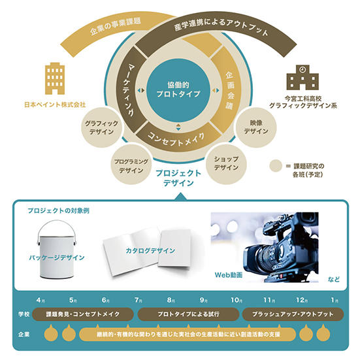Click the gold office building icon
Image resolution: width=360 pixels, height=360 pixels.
click(55, 78)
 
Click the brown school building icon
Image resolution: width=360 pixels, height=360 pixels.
click(303, 77)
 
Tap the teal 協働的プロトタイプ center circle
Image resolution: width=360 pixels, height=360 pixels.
click(178, 90)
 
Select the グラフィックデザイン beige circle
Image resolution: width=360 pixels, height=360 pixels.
click(101, 127)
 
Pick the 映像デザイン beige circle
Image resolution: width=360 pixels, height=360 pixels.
click(256, 127)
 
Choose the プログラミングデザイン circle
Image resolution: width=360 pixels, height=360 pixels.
click(131, 166)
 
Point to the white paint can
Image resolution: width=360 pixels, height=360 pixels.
click(56, 250)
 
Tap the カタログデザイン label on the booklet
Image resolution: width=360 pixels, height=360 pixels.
click(150, 250)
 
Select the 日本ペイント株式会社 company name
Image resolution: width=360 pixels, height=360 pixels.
click(55, 105)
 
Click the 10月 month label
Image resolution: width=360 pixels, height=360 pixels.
click(237, 300)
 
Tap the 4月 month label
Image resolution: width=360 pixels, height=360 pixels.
click(41, 300)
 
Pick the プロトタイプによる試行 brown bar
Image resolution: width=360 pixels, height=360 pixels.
click(188, 314)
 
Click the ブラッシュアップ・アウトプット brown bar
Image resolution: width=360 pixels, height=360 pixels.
click(293, 314)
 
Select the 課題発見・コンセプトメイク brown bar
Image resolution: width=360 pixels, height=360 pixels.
click(83, 314)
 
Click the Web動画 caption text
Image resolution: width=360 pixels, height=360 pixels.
click(229, 275)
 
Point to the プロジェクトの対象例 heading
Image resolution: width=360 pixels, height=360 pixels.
click(59, 210)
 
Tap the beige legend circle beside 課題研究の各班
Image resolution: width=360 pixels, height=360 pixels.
click(276, 166)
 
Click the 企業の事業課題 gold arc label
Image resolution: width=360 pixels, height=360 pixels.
click(115, 26)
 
